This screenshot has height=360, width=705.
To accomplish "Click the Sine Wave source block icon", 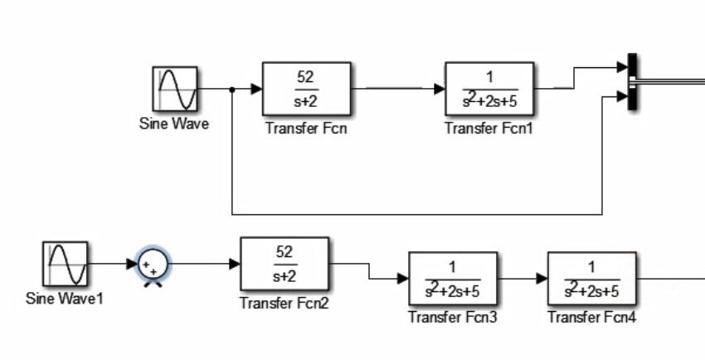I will coord(175,89).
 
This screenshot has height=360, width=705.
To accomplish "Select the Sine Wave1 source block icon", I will coord(65,264).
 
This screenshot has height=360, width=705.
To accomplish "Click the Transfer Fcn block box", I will coord(306,89).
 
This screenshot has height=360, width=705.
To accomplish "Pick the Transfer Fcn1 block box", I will coord(489,89).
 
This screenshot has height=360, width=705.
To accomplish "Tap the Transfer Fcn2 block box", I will coord(284,264).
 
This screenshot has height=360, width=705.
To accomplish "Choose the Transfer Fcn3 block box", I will coord(453,279).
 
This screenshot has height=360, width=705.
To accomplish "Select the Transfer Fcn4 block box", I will coord(592,279).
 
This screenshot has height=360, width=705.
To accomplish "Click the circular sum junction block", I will coord(153,265).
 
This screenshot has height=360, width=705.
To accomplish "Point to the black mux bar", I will coord(632,81).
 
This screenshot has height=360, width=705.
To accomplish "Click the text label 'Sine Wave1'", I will coord(65,298).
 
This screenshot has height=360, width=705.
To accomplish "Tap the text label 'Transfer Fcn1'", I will coord(489,128).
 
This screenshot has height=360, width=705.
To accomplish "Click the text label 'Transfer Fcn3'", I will coord(453,317).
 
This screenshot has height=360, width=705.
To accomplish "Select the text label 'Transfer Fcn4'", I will coord(592,317).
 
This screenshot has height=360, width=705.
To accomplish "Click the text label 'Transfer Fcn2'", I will coord(284,303).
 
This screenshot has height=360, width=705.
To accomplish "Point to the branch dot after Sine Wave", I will coord(232,89).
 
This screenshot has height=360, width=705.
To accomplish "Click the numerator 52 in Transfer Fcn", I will coord(305,78).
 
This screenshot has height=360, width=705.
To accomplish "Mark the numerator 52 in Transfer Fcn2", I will coord(284,252).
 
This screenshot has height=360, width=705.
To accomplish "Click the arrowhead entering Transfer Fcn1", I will coord(440,89).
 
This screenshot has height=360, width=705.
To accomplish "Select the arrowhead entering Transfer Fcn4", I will coord(542,279).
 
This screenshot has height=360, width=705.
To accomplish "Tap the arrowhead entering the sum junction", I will coord(132,265).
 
